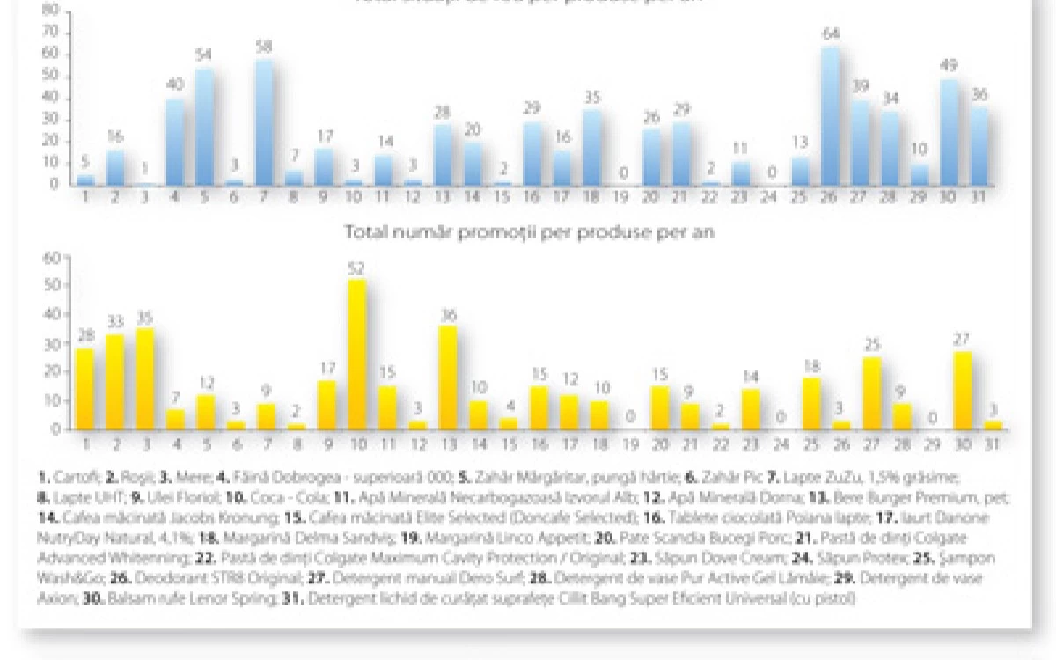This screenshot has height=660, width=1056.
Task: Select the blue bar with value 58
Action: point(265,122)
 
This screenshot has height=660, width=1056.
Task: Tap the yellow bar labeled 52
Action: point(358,355)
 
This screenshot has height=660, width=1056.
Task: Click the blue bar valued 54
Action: point(204,127)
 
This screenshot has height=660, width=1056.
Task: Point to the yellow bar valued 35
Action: point(144,379)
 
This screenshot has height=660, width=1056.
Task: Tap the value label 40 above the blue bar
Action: point(174,84)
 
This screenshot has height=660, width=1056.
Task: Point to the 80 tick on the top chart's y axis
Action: point(50,11)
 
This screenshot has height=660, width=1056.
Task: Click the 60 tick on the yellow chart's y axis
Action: point(51,257)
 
